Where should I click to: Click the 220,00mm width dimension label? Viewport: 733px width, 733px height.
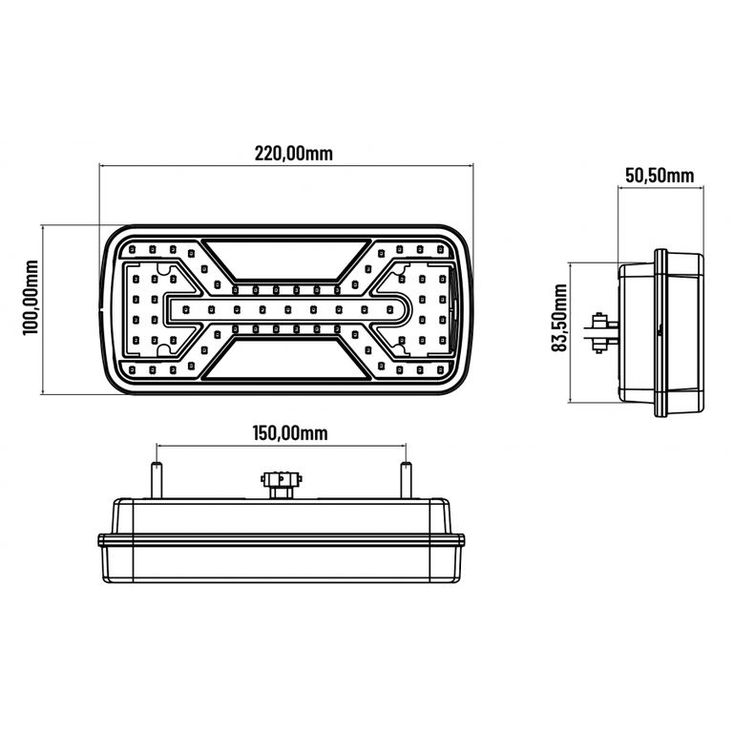[294, 154]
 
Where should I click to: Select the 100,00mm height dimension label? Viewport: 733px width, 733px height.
[31, 298]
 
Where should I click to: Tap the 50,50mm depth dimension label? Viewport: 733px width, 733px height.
[660, 176]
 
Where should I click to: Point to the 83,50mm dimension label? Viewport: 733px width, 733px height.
[559, 318]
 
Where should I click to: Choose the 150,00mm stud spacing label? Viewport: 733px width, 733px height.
[290, 433]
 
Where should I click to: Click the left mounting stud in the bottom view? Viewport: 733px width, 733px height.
[157, 480]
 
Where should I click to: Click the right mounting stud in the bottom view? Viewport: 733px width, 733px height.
[407, 480]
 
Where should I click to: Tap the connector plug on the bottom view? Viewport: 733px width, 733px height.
[281, 484]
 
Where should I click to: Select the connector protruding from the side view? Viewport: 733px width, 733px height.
[601, 332]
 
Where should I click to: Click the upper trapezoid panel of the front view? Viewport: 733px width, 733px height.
[286, 260]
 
